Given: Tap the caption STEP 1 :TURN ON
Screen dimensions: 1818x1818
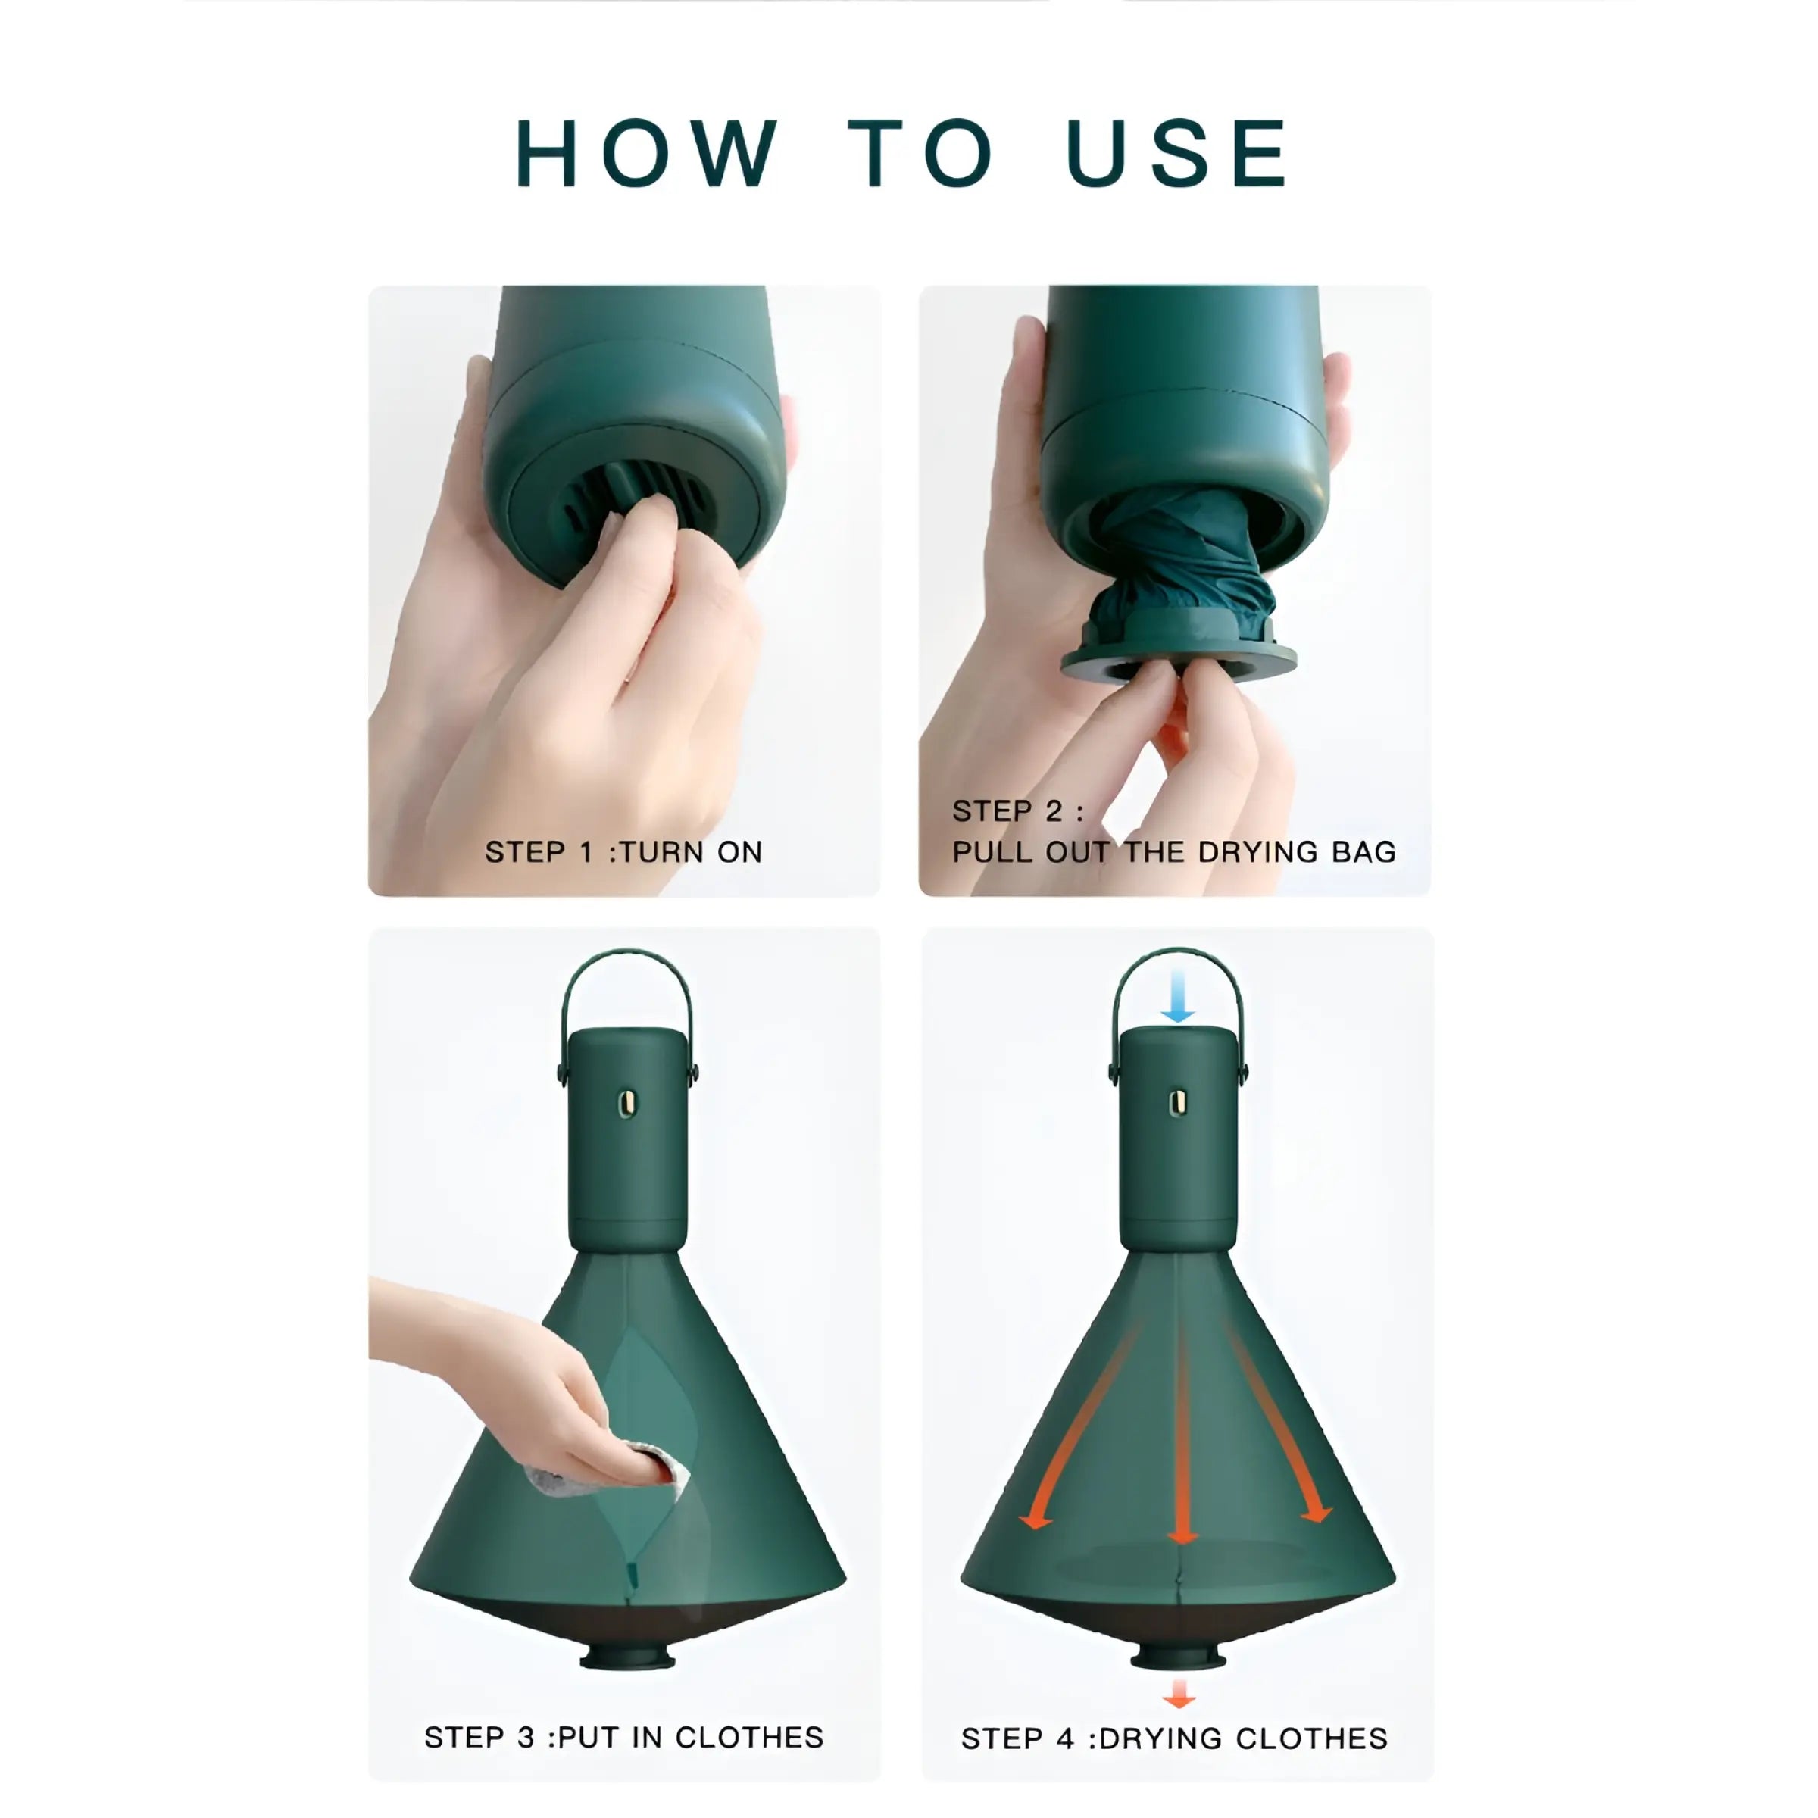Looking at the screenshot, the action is pos(623,851).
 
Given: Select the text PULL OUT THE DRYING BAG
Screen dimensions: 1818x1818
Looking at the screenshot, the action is pos(1173,851).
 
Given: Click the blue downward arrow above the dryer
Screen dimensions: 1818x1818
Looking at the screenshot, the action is pos(1177,997).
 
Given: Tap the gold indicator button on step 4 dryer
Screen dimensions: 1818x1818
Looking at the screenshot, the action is pos(1177,1104).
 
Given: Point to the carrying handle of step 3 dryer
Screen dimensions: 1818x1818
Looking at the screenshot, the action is pos(626,956).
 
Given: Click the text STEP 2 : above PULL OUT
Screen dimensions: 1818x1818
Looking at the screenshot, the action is pos(1017,811).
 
